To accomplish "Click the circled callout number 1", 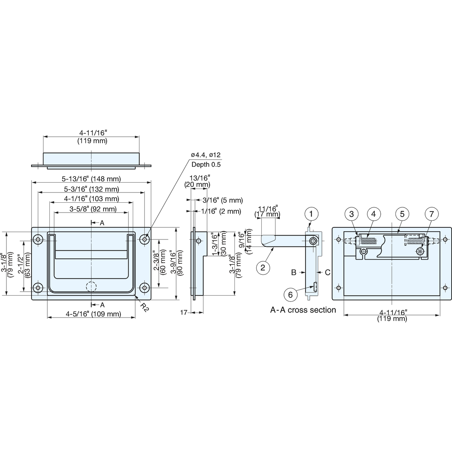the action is coord(311,214).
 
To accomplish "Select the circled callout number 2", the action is coord(263,267).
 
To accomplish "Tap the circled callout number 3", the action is coord(351,214).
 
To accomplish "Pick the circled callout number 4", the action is coord(373,214).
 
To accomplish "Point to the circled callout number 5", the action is coord(402,214).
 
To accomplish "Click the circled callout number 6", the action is coord(290,295).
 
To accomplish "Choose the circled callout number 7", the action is coord(432,214).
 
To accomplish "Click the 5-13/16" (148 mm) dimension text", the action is coord(91,179).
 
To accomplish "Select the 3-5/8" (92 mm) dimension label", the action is coord(93,209).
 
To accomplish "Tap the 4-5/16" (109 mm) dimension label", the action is coord(93,314).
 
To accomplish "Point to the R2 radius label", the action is coord(144,307).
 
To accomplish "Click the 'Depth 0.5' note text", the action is coord(206,165).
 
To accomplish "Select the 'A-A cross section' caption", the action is coord(303,310).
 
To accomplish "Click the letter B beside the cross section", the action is coord(294,272).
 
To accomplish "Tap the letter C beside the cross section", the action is coord(328,272).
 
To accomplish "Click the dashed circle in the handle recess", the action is coord(91,286).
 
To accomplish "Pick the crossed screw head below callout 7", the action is coord(420,252).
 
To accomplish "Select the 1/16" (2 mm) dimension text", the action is coord(221,211).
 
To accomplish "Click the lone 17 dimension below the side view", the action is coord(184,313).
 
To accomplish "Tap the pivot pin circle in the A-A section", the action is coord(313,241).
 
